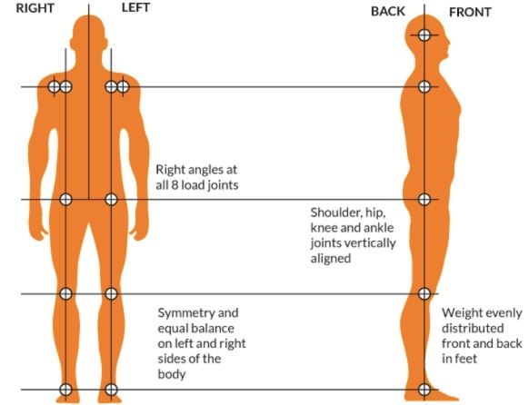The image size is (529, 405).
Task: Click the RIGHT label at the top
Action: pyautogui.click(x=35, y=8)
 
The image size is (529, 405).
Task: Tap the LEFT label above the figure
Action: pyautogui.click(x=135, y=7)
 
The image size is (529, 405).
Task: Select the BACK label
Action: pyautogui.click(x=387, y=12)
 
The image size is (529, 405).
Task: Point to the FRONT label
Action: pyautogui.click(x=470, y=13)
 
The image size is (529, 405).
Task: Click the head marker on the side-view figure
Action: pyautogui.click(x=424, y=35)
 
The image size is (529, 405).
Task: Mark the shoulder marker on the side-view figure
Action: pyautogui.click(x=424, y=86)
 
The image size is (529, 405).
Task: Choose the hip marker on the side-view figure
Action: pyautogui.click(x=424, y=199)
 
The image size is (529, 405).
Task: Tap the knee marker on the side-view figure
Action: pyautogui.click(x=424, y=293)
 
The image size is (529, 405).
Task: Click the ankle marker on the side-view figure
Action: pyautogui.click(x=424, y=390)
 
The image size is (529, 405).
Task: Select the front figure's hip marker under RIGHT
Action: pyautogui.click(x=65, y=199)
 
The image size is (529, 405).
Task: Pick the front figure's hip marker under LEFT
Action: pyautogui.click(x=111, y=199)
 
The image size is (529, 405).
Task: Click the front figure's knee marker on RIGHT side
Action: pyautogui.click(x=65, y=293)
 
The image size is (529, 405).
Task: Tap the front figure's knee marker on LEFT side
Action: pyautogui.click(x=111, y=293)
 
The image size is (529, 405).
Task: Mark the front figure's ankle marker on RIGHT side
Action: pyautogui.click(x=65, y=390)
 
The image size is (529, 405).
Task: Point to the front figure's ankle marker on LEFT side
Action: pyautogui.click(x=111, y=390)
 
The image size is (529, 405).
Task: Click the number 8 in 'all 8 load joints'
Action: pyautogui.click(x=175, y=185)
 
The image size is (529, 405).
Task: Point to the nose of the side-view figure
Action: pyautogui.click(x=449, y=43)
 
